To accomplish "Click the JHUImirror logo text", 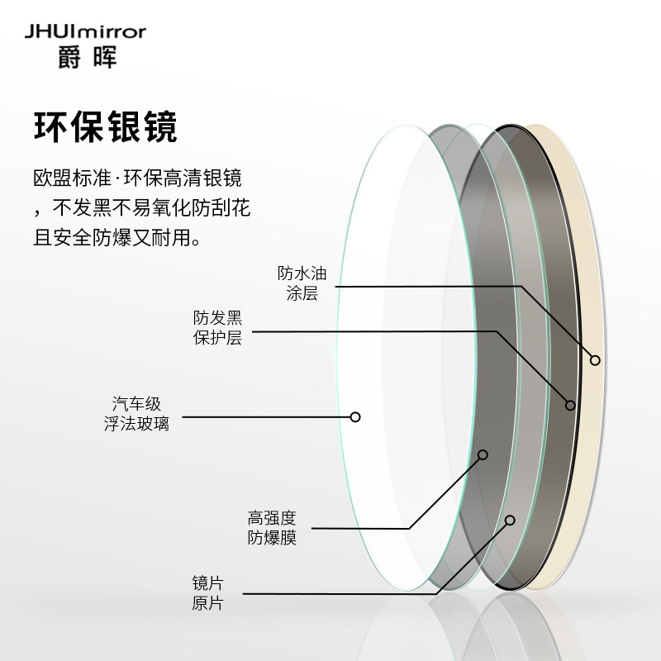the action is tap(85, 32).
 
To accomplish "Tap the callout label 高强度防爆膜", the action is tap(272, 528).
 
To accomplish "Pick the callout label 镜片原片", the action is tap(207, 593).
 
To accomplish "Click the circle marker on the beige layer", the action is tap(595, 359).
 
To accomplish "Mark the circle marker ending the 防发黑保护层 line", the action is tap(570, 405).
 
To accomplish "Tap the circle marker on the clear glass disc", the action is tap(355, 416).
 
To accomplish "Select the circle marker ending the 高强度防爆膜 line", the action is tap(483, 454).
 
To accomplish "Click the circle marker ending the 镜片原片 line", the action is tap(510, 521).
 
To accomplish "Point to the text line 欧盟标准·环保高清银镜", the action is tap(137, 178).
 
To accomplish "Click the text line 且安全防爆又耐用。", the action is tap(117, 239).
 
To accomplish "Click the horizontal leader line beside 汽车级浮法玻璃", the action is tap(264, 416).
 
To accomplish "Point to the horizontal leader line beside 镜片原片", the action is tap(330, 593).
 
